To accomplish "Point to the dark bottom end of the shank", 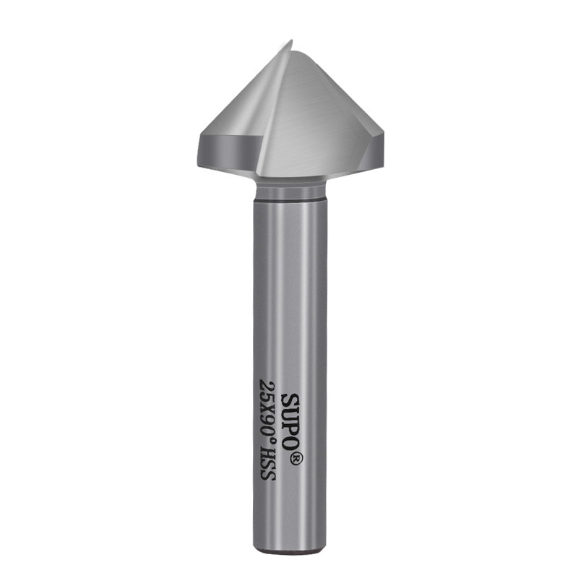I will (290, 553).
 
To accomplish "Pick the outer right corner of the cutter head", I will (384, 144).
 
